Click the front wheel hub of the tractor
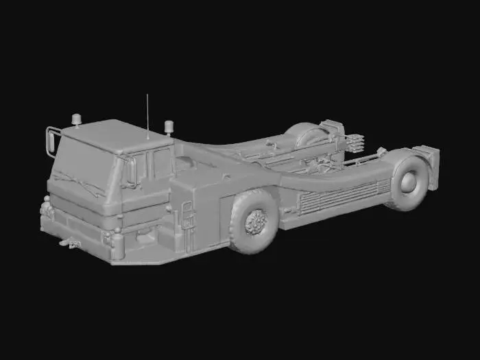coord(256,221)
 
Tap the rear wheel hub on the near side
coord(409,180)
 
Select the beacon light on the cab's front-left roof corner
coord(76,120)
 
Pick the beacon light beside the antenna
coord(169,128)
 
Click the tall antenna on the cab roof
coord(147,113)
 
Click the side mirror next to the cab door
coord(130,171)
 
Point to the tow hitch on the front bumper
coord(68,241)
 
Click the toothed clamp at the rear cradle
coord(355,145)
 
